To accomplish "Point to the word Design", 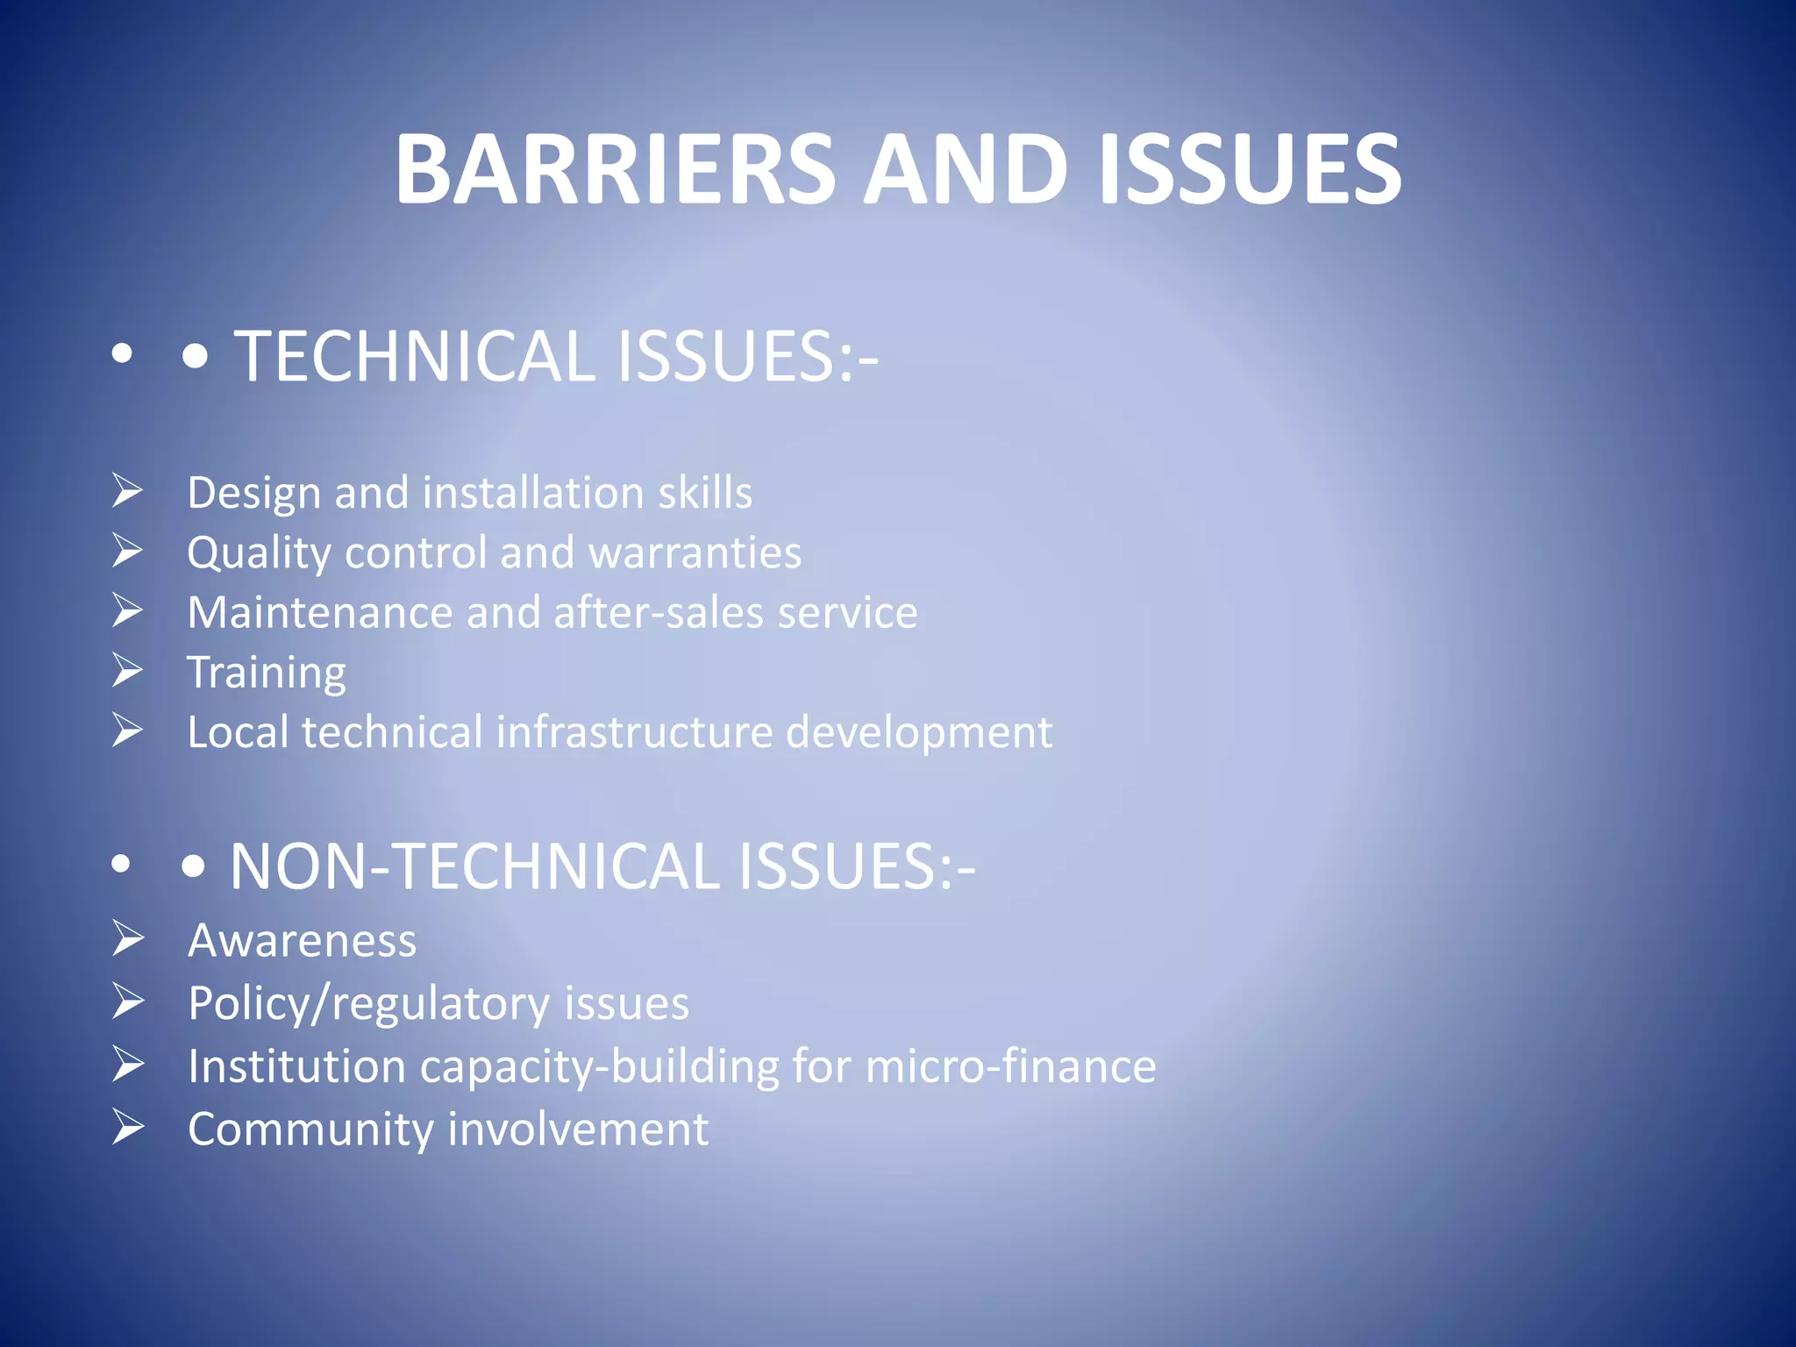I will (x=253, y=493).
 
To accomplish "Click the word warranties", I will (x=695, y=552).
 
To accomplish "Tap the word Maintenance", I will (x=319, y=612).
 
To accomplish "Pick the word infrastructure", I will (x=634, y=732).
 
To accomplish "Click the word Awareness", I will (x=303, y=941).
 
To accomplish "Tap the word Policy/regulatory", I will (x=368, y=1004).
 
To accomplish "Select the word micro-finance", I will (x=1010, y=1066).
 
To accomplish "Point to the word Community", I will (x=310, y=1130).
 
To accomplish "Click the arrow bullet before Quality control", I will (x=128, y=551).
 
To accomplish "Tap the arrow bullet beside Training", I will (x=128, y=671).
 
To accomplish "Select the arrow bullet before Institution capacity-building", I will (x=128, y=1065).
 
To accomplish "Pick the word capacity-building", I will (x=599, y=1067).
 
